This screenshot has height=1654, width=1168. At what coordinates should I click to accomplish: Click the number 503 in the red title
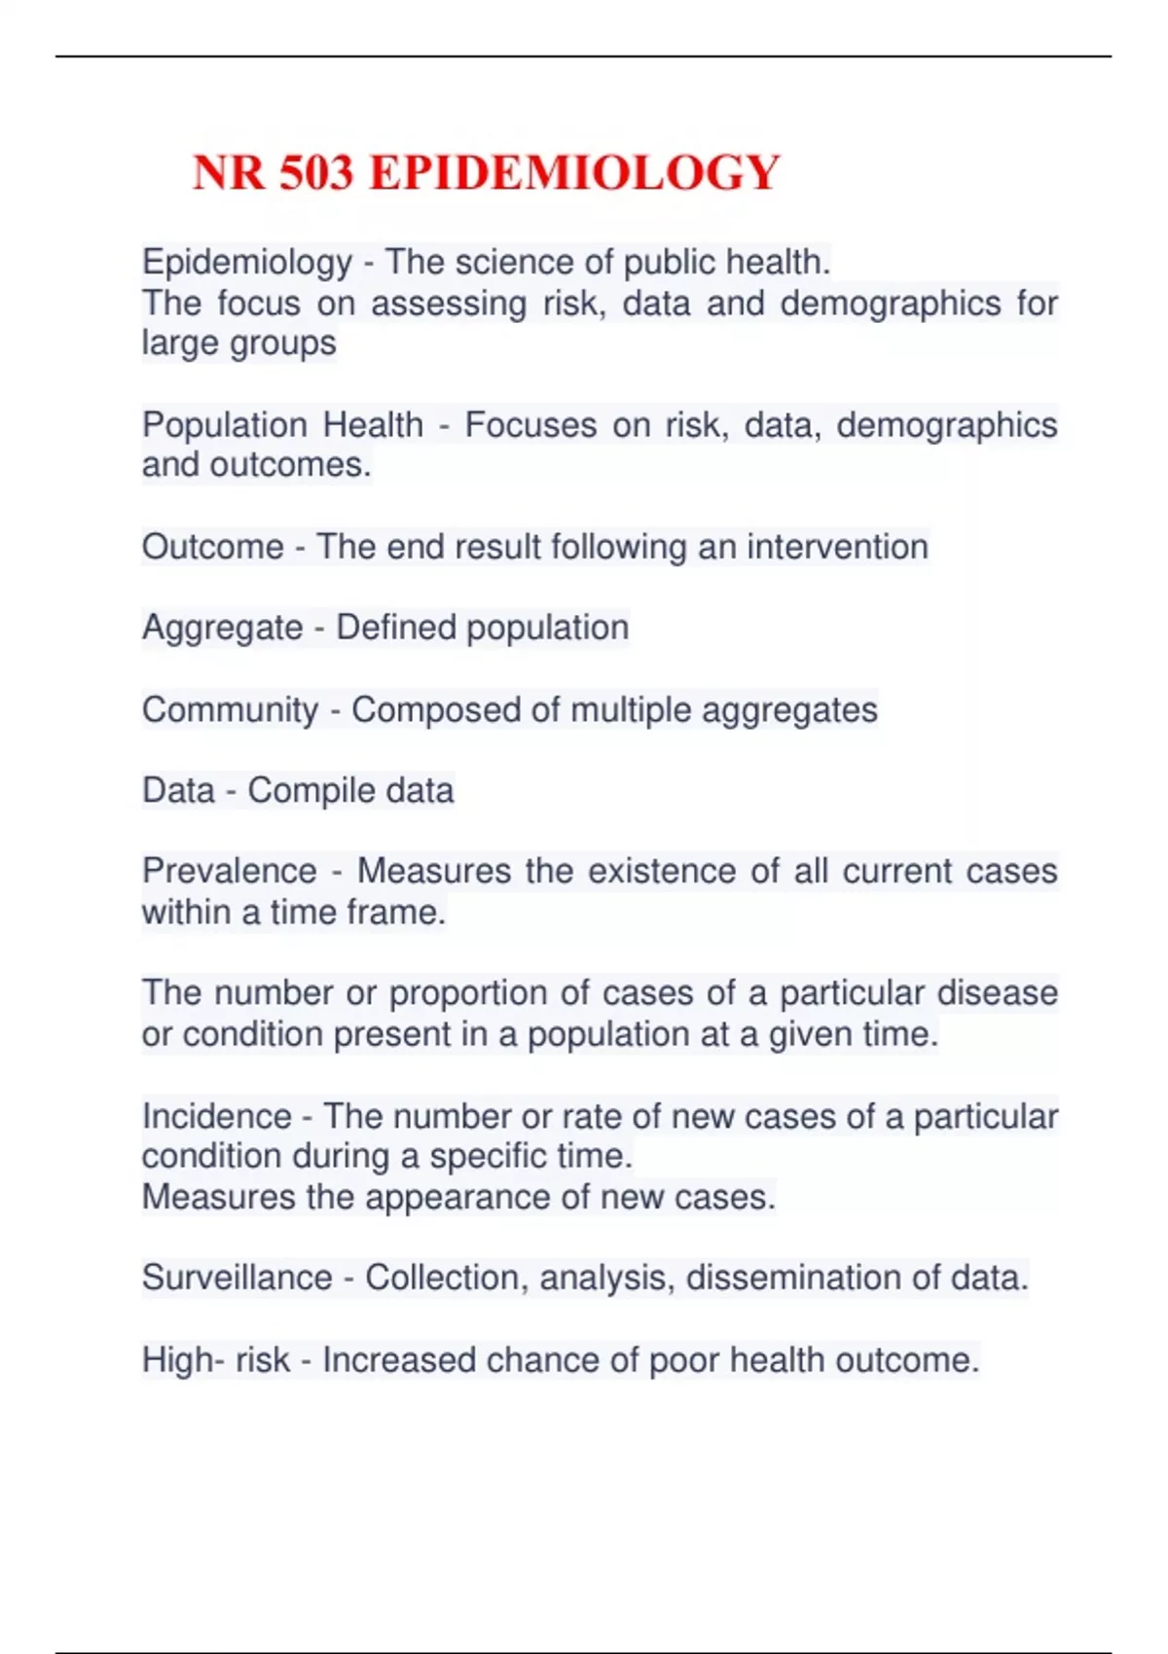315,173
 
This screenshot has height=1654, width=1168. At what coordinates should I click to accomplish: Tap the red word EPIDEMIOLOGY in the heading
574,173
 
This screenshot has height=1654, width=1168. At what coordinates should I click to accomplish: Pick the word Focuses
530,425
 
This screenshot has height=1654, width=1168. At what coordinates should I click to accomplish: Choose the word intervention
837,547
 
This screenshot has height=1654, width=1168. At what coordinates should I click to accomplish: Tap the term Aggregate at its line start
222,629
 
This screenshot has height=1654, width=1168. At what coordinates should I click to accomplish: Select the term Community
230,710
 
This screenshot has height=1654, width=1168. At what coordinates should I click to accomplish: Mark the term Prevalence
230,871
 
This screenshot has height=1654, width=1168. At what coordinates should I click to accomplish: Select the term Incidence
216,1116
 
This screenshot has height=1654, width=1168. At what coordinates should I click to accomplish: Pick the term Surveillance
237,1277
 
